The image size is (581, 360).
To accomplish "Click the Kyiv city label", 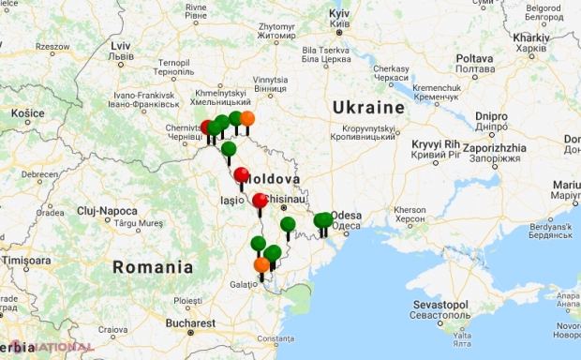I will tap(338, 17).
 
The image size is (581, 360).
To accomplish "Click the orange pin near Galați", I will tap(261, 265).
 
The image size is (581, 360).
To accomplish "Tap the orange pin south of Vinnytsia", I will tap(247, 118).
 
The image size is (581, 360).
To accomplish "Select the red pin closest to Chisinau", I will tap(260, 200).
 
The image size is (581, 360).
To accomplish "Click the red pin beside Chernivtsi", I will tap(206, 127).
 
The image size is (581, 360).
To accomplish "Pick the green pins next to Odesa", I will tap(322, 220).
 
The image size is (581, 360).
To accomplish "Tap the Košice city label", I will tap(28, 112).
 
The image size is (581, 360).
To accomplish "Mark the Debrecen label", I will tap(40, 173).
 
